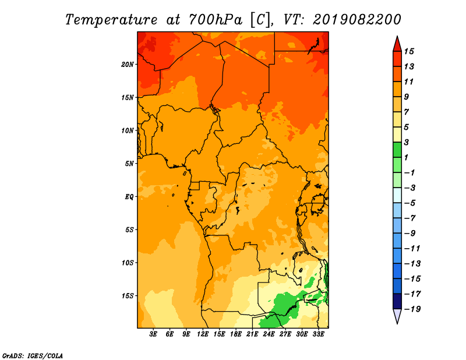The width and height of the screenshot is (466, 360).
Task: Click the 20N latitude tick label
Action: point(127,65)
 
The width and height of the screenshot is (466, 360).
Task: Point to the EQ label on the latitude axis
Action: point(129,197)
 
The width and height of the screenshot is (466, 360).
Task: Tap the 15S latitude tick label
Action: point(127,296)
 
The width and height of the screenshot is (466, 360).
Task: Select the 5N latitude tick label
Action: point(129,164)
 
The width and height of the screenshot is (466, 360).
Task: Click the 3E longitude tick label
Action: point(153,334)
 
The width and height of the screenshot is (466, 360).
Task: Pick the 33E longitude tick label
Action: point(318,334)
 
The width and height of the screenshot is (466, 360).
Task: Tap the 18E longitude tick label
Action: point(236,334)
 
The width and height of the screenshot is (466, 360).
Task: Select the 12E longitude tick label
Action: point(203,334)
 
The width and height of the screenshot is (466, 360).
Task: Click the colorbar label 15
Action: point(409,51)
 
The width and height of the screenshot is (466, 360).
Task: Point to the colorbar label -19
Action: point(412,309)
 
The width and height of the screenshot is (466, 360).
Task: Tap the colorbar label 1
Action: point(406,157)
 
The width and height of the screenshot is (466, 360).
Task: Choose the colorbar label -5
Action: point(410,203)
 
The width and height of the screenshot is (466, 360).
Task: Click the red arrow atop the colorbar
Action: point(397,45)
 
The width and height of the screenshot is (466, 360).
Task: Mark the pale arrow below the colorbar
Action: point(397,315)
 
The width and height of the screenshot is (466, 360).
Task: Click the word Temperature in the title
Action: point(111,20)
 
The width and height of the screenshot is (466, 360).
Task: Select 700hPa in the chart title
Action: point(215,20)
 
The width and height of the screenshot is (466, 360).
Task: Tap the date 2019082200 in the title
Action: point(356,20)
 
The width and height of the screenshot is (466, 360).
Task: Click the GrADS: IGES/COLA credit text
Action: point(33,355)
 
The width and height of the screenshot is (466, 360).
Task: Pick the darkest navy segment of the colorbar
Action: point(397,301)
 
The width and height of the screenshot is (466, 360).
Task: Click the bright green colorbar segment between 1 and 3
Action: point(397,150)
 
